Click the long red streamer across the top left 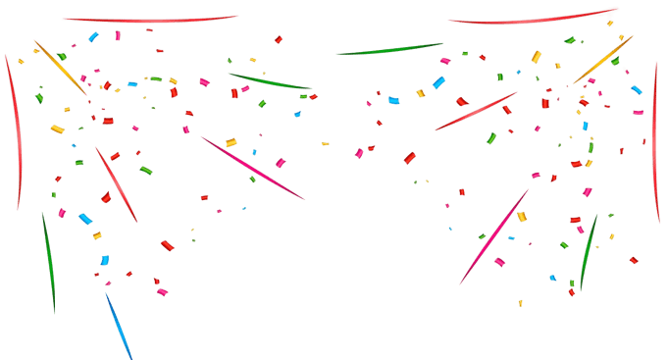tap(147, 19)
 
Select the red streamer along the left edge tap(15, 128)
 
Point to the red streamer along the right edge tap(655, 147)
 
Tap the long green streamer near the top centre tap(390, 49)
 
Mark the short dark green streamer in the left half tap(267, 81)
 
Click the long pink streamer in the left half tap(253, 169)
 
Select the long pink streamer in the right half tap(493, 236)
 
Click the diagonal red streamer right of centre tap(476, 111)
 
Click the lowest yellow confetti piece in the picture tap(520, 303)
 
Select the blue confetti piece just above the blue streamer tap(104, 261)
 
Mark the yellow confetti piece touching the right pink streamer tap(522, 217)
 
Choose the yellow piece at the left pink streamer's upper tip tap(231, 143)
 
